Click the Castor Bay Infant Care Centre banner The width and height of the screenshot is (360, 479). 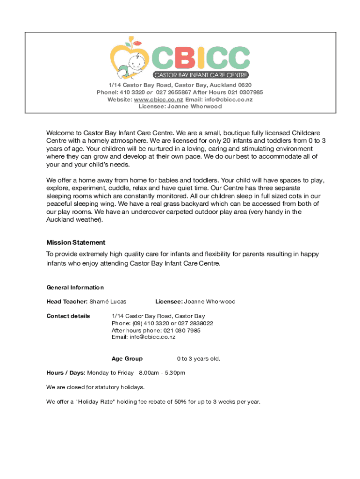click(x=201, y=75)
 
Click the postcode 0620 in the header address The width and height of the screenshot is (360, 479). click(x=245, y=85)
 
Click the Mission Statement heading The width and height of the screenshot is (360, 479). click(x=76, y=242)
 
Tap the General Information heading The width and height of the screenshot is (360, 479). click(x=75, y=287)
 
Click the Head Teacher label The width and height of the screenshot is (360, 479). click(x=67, y=302)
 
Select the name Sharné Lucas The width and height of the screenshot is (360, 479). click(x=108, y=302)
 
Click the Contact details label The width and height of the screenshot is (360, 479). click(x=68, y=316)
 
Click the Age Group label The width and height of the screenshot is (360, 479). click(x=127, y=359)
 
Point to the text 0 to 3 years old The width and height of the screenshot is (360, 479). click(x=198, y=359)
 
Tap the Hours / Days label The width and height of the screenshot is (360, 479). click(x=65, y=373)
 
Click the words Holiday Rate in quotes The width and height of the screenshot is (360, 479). click(x=92, y=402)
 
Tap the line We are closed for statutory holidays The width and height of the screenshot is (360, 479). click(x=95, y=387)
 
